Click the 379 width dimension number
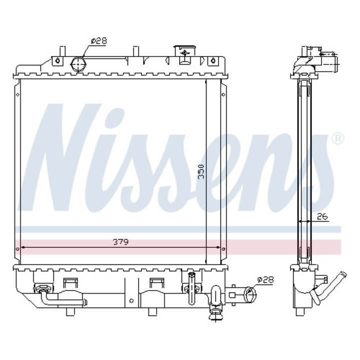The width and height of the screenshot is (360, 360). click(120, 242)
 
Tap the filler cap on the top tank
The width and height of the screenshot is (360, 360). click(184, 51)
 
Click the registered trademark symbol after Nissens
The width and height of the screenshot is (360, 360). click(337, 138)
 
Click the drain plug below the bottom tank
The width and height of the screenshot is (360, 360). click(216, 312)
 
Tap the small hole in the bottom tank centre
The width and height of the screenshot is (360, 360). click(131, 301)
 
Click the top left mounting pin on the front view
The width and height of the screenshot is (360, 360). click(61, 51)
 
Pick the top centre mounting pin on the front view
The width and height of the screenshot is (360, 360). click(134, 51)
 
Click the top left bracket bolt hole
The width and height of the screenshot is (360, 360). click(57, 62)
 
